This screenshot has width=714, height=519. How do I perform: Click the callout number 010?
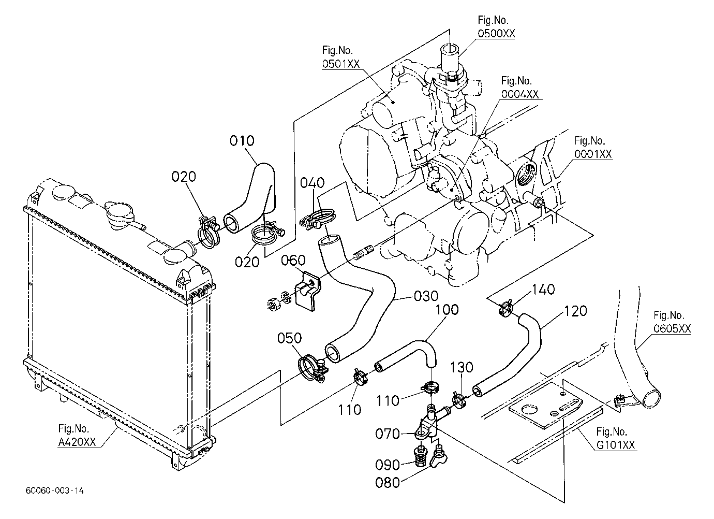pyautogui.click(x=242, y=141)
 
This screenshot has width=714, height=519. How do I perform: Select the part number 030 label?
pyautogui.click(x=426, y=296)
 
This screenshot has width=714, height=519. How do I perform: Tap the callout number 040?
pyautogui.click(x=313, y=183)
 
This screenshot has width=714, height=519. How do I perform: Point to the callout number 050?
pyautogui.click(x=289, y=338)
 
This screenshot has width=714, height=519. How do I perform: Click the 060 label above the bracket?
pyautogui.click(x=293, y=260)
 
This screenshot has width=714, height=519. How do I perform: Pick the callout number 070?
pyautogui.click(x=388, y=434)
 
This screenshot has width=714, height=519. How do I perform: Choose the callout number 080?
pyautogui.click(x=388, y=483)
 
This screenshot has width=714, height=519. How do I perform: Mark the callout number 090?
pyautogui.click(x=388, y=465)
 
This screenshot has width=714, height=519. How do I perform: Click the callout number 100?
pyautogui.click(x=447, y=310)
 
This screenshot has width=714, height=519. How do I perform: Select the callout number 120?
pyautogui.click(x=575, y=311)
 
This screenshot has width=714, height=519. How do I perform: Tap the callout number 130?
pyautogui.click(x=461, y=367)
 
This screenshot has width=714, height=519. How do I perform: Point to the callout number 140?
pyautogui.click(x=543, y=290)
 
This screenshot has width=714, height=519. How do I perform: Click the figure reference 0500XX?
pyautogui.click(x=496, y=34)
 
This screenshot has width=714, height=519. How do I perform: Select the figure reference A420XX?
pyautogui.click(x=77, y=442)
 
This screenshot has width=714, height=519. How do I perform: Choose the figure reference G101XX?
pyautogui.click(x=616, y=445)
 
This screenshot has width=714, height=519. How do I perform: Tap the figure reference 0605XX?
pyautogui.click(x=672, y=328)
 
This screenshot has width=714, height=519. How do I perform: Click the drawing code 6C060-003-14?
pyautogui.click(x=54, y=491)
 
